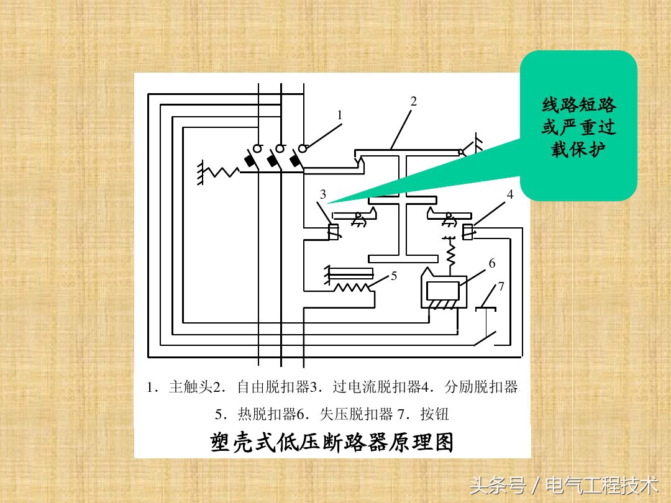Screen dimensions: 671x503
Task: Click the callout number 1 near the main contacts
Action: pos(340,115)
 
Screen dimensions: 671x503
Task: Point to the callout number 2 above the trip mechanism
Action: pos(413,101)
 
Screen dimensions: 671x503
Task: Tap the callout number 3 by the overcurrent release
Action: pos(323,194)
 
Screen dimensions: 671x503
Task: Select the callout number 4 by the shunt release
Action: pos(509,194)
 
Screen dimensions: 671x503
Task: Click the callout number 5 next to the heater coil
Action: pos(394,276)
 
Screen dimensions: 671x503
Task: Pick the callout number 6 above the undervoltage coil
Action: pos(492,263)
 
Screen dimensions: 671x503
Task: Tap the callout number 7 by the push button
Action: pos(501,286)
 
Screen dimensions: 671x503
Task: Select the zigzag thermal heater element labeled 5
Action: pos(351,288)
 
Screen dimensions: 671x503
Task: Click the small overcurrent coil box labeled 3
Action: pos(333,232)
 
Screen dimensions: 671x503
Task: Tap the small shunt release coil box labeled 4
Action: pos(467,232)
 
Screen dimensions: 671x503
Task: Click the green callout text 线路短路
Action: pos(578,105)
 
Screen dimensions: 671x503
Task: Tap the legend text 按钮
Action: pos(434,414)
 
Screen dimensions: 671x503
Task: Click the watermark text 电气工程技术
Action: pos(601,485)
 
